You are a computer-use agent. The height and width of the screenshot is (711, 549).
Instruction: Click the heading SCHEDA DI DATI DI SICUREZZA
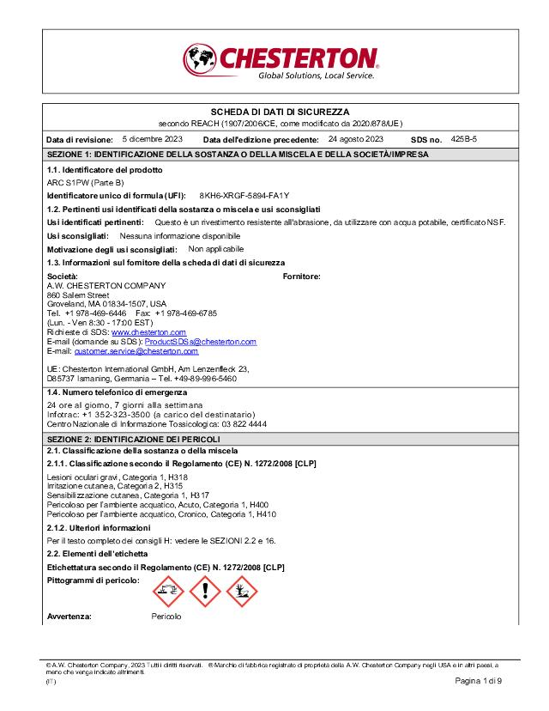[x=280, y=112]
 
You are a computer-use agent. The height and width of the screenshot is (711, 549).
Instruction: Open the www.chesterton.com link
[x=148, y=331]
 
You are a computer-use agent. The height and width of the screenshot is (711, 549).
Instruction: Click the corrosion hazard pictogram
[x=168, y=592]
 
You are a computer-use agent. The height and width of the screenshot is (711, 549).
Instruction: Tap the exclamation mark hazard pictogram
[x=205, y=592]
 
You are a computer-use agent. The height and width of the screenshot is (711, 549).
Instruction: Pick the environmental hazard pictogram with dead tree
[x=242, y=592]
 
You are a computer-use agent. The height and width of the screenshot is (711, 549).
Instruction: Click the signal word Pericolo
[x=166, y=617]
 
